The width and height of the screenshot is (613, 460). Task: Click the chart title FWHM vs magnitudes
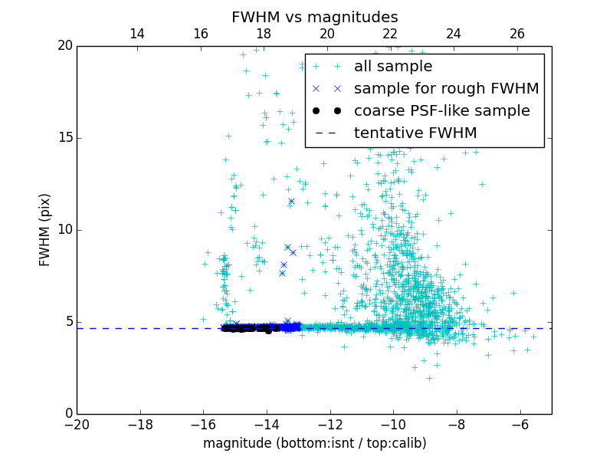(x=314, y=17)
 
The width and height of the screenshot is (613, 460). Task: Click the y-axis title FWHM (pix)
(x=45, y=230)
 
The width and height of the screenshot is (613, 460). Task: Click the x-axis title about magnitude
(x=314, y=443)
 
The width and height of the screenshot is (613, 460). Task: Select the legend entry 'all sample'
(x=392, y=67)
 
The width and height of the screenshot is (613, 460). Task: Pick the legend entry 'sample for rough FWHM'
(x=446, y=89)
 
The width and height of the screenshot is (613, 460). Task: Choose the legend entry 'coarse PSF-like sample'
(x=441, y=111)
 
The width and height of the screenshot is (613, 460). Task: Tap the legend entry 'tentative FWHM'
(x=415, y=133)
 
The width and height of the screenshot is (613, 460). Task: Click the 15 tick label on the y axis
(x=64, y=138)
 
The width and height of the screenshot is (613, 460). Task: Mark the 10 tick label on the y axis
(x=64, y=230)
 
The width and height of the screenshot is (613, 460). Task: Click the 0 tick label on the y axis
(x=68, y=414)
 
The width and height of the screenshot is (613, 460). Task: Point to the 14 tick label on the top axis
(x=137, y=34)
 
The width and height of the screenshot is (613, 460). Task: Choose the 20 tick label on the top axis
(x=327, y=34)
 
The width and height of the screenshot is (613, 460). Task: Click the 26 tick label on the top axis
(x=517, y=34)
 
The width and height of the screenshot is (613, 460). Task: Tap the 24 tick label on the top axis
(x=454, y=34)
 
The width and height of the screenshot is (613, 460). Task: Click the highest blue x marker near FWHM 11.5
(x=291, y=201)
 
